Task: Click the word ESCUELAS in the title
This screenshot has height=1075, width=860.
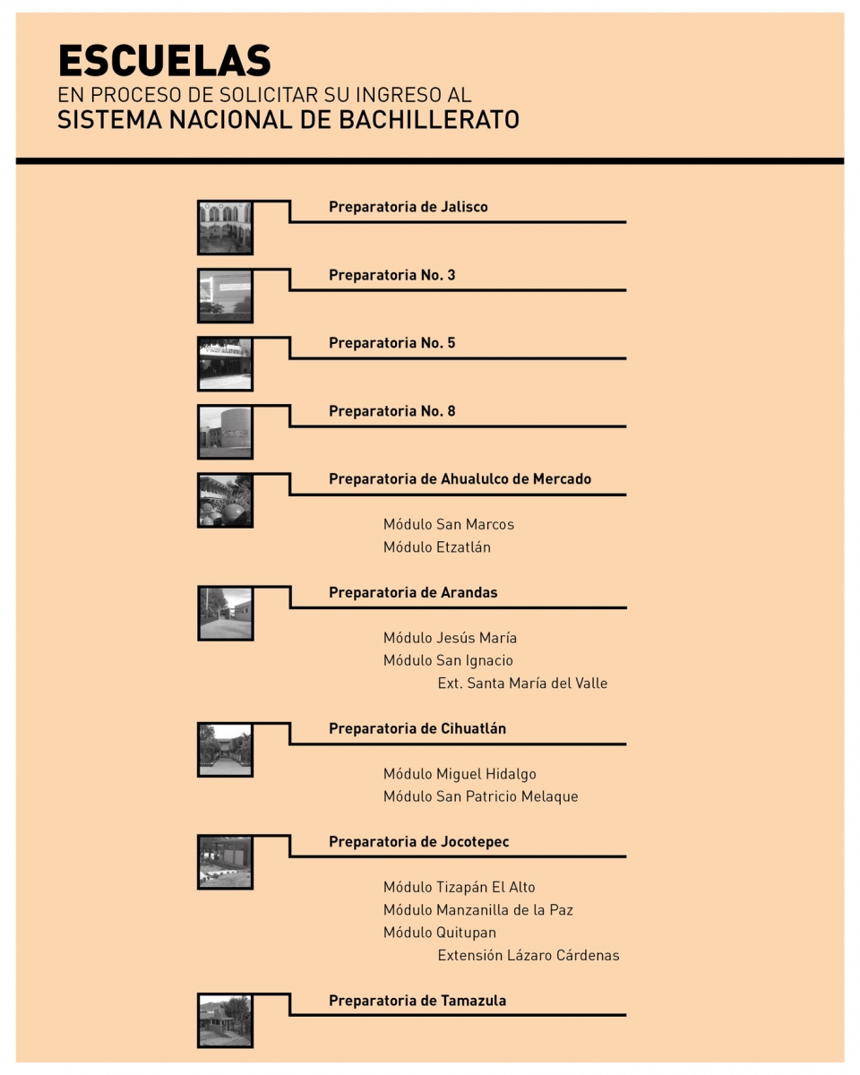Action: tap(165, 61)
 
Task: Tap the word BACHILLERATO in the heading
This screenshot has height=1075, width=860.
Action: tap(429, 120)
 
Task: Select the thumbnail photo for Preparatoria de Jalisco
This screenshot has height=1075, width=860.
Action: tap(226, 228)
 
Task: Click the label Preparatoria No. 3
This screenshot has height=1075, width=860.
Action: tap(392, 275)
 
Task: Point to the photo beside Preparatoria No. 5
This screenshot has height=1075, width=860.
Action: tap(226, 365)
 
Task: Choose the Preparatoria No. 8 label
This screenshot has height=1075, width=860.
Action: tap(392, 411)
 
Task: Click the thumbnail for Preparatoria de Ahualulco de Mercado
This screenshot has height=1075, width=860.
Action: tap(226, 500)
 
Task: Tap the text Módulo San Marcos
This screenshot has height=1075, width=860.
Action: tap(449, 524)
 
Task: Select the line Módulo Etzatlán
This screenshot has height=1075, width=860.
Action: tap(437, 547)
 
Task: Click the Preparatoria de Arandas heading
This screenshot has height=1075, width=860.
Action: tap(413, 592)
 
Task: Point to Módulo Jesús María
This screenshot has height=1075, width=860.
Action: tap(451, 638)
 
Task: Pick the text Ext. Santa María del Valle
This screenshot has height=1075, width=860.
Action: tap(522, 684)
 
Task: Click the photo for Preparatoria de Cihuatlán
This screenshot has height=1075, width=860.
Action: tap(226, 749)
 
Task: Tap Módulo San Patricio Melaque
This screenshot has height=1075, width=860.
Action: tap(481, 796)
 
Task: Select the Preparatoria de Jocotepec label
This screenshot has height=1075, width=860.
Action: tap(418, 842)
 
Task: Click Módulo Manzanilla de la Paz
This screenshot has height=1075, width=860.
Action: tap(478, 909)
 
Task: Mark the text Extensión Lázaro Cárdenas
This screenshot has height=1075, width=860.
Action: tap(529, 955)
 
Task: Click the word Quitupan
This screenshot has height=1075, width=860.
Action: tap(466, 933)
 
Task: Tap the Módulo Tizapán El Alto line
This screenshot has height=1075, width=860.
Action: tap(460, 887)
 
